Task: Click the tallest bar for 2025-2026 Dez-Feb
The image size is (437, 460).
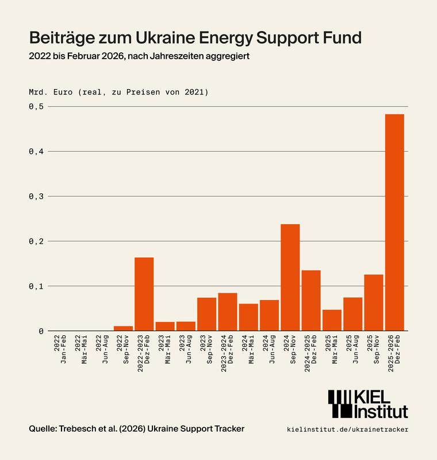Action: [x=394, y=223]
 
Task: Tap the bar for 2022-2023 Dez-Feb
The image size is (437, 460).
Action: [x=144, y=294]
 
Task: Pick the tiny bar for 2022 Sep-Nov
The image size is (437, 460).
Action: [x=123, y=328]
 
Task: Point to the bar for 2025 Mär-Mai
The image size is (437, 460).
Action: [x=332, y=320]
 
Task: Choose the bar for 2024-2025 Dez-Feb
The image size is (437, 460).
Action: [x=311, y=300]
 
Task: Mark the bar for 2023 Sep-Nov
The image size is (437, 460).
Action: [x=206, y=314]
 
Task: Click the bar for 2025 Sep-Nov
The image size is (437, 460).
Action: [x=374, y=302]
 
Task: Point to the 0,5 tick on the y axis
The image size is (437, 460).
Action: [x=36, y=106]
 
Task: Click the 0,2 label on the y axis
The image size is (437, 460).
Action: [x=36, y=241]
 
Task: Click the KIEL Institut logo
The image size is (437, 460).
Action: [x=368, y=404]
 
